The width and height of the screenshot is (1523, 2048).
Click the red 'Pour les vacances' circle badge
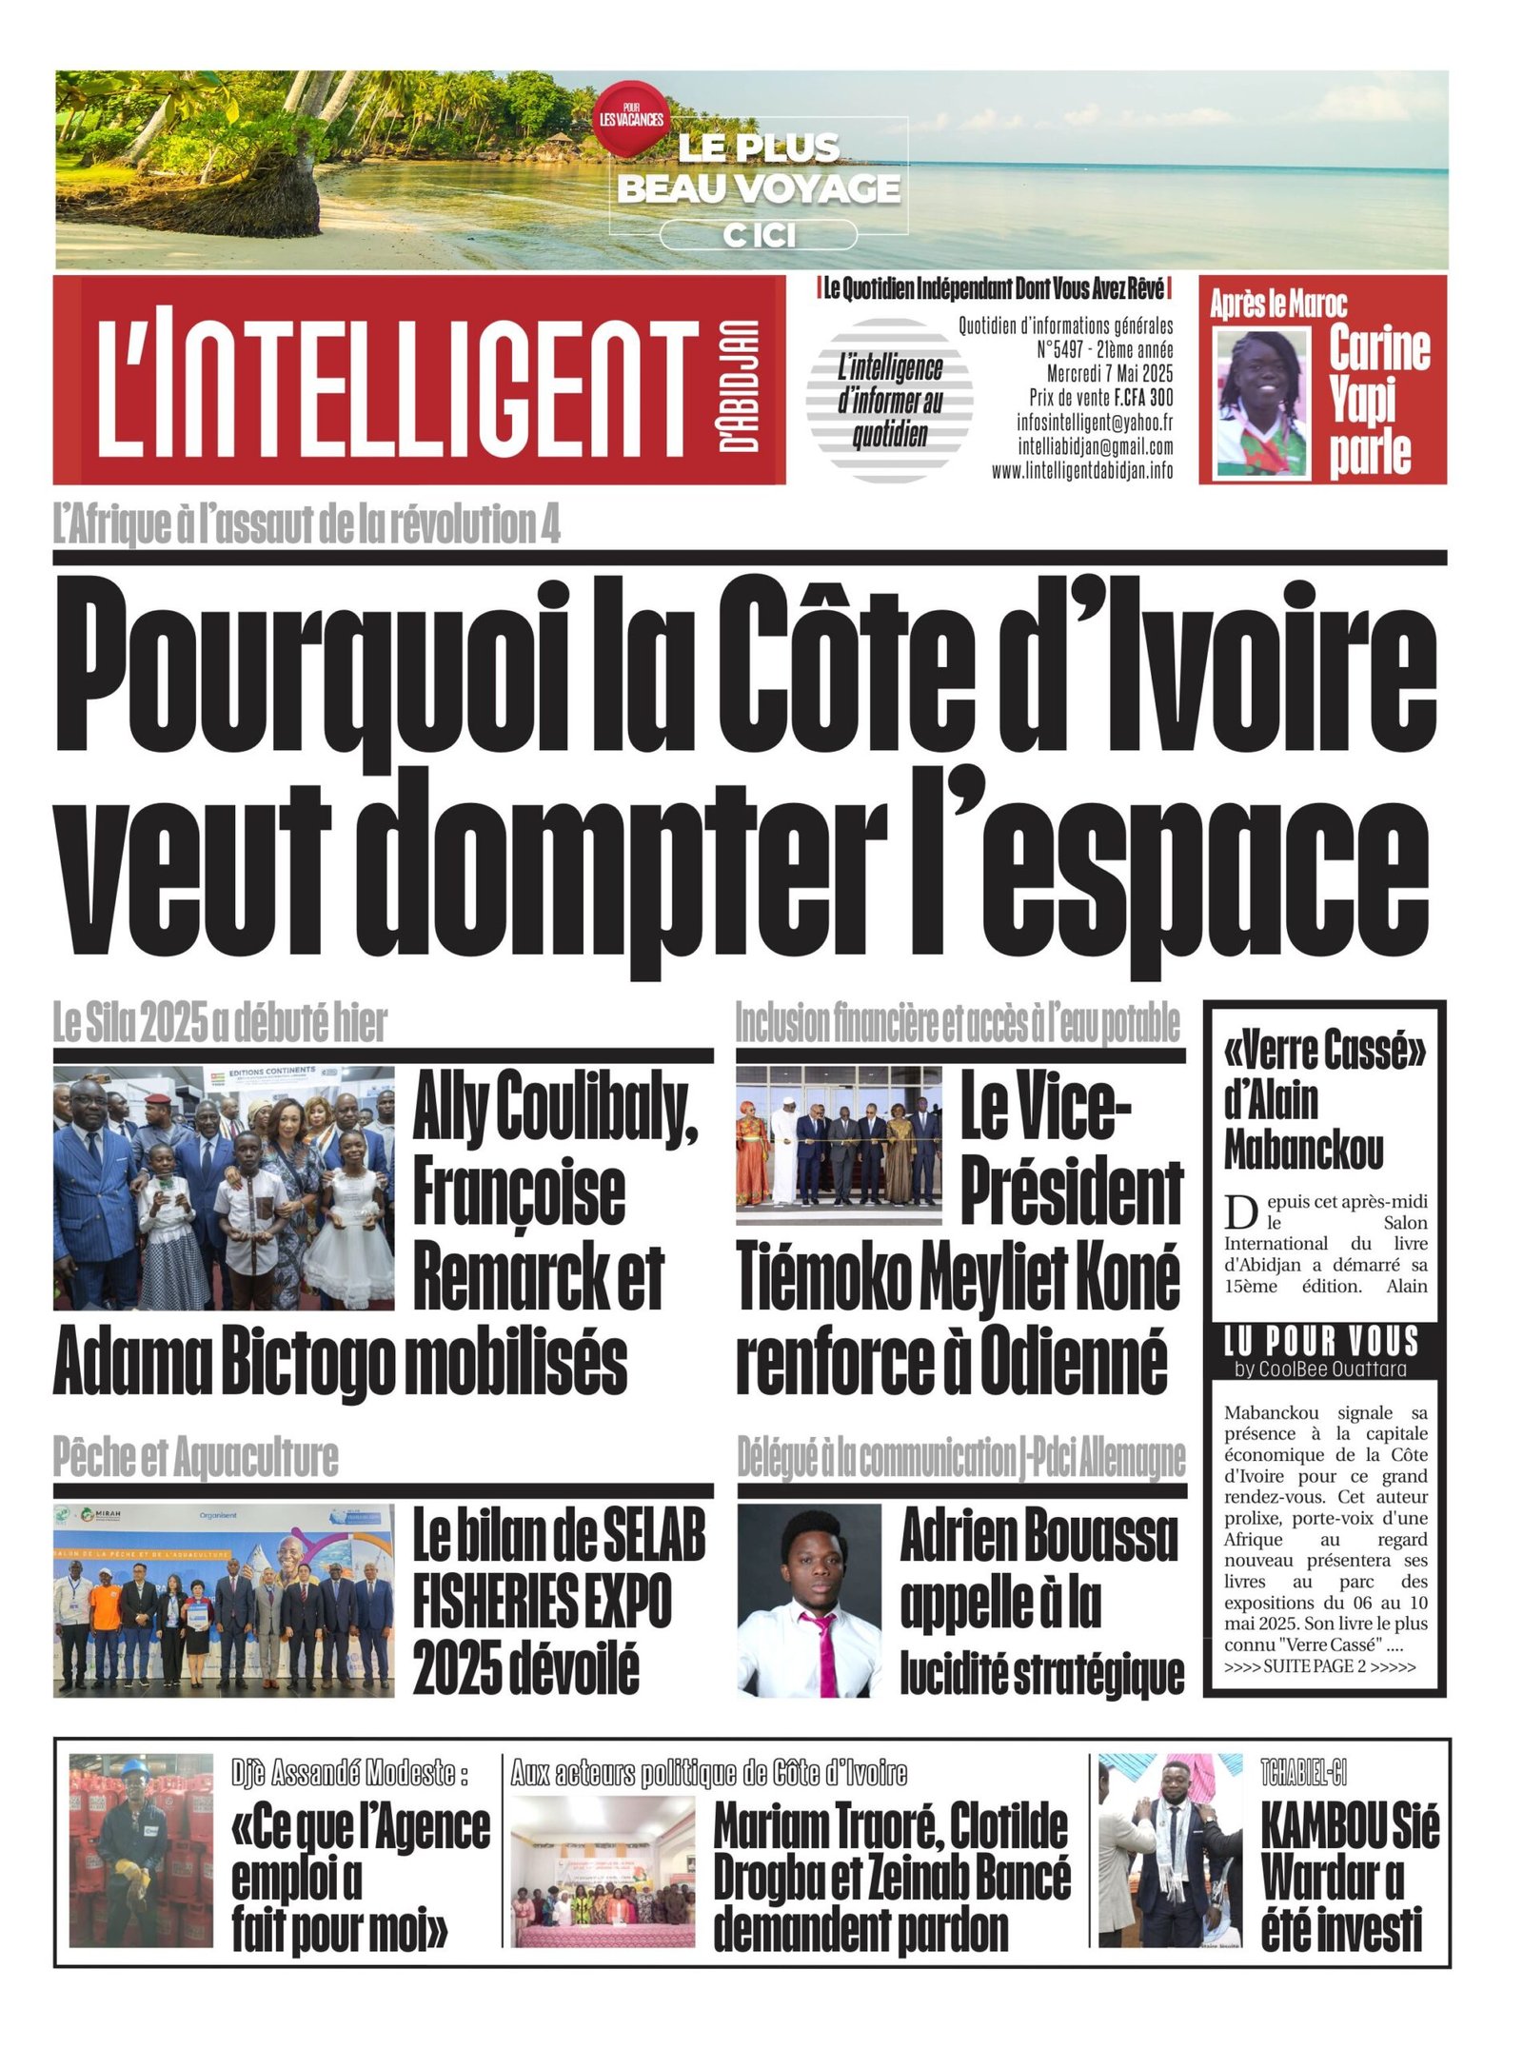click(x=629, y=118)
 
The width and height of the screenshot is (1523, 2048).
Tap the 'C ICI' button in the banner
click(x=759, y=234)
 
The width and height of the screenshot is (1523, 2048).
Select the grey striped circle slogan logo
click(x=889, y=400)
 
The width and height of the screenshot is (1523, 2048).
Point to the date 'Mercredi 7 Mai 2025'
click(x=1109, y=373)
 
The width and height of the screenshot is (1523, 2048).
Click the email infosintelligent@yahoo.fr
click(x=1094, y=423)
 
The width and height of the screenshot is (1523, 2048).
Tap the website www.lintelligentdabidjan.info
click(x=1081, y=471)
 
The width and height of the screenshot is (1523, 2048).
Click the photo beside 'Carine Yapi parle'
click(x=1263, y=402)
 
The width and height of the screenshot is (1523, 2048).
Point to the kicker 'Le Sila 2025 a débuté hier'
click(x=220, y=1024)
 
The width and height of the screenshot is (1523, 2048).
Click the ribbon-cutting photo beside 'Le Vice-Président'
click(x=839, y=1144)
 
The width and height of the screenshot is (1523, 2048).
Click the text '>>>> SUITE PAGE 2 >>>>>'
click(x=1319, y=1666)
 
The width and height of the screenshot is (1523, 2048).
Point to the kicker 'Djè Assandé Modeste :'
click(x=350, y=1773)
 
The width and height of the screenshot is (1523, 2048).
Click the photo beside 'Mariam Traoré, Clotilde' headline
click(x=603, y=1871)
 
